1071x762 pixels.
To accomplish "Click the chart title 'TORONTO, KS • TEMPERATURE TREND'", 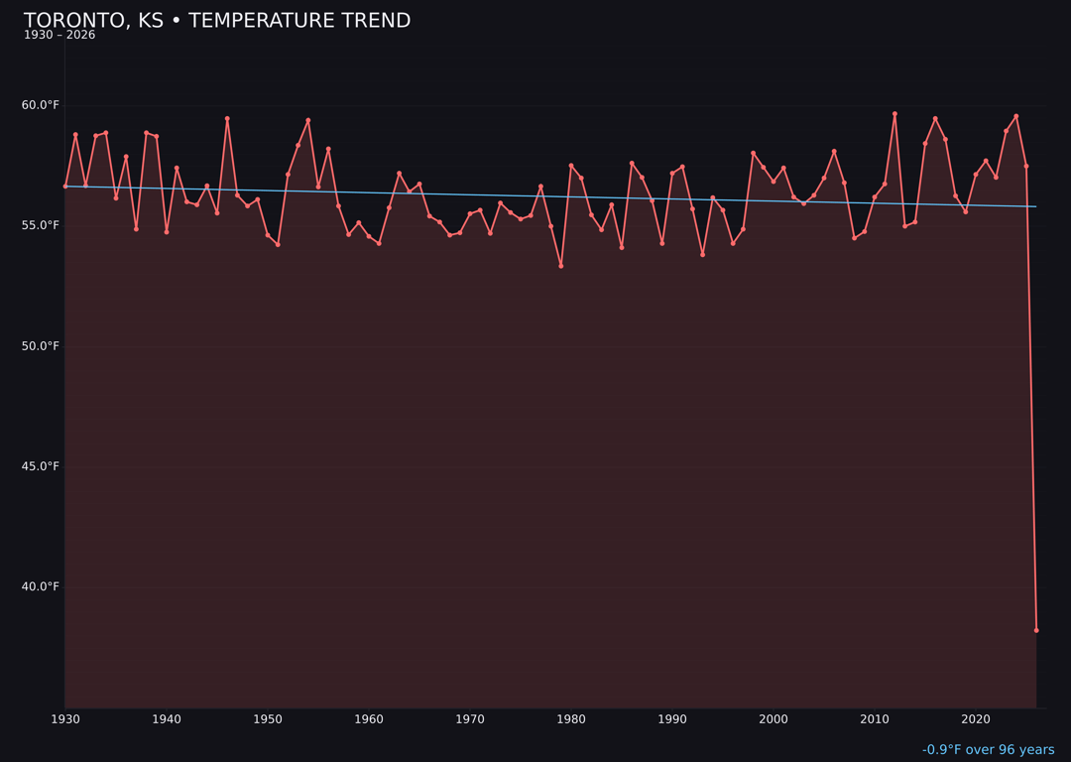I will click(216, 21).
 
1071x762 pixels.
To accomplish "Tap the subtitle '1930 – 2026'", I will click(59, 36).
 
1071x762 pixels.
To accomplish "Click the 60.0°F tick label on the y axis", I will click(41, 105).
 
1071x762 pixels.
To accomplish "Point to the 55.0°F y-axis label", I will click(41, 225).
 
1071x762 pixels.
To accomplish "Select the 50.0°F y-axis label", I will click(41, 346).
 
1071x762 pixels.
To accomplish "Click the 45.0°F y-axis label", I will click(41, 466).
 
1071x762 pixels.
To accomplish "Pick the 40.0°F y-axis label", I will click(41, 586).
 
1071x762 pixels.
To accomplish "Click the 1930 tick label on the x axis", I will click(65, 719).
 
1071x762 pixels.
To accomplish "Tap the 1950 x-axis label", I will click(268, 719).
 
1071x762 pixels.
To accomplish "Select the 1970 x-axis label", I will click(470, 719).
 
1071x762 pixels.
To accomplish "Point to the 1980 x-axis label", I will click(571, 719).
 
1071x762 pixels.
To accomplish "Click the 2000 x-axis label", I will click(773, 719).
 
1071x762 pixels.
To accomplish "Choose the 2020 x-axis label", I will click(976, 719).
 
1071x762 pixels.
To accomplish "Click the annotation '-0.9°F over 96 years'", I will click(988, 750).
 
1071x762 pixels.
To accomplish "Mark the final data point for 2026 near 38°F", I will click(1036, 630).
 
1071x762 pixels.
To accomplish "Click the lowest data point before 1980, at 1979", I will click(561, 266).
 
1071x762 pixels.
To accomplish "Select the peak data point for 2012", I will click(894, 114).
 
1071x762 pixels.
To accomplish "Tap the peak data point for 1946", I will click(227, 119).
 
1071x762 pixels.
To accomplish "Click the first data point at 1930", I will click(65, 187).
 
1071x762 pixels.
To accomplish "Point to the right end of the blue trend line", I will click(1036, 206).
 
